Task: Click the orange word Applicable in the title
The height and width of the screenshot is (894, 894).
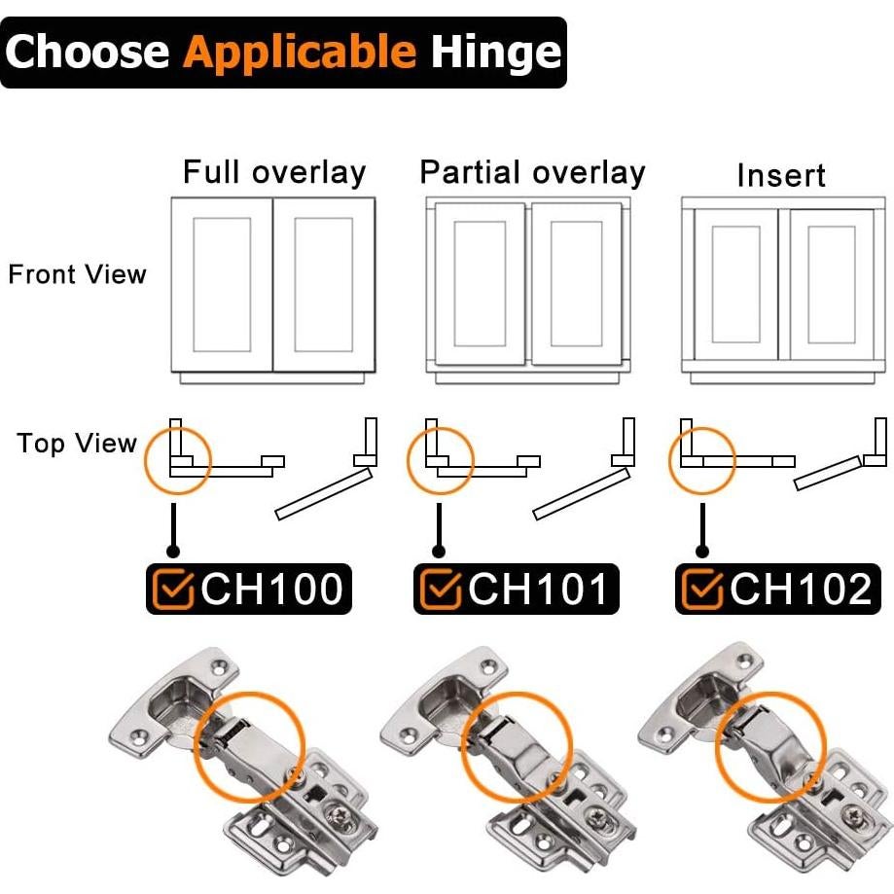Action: click(300, 53)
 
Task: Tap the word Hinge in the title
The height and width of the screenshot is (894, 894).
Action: click(496, 53)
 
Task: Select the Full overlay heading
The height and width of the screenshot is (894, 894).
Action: click(274, 173)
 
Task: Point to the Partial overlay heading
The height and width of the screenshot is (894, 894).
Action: click(532, 173)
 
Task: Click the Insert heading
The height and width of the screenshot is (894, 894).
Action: click(781, 175)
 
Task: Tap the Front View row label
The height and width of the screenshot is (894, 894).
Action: click(78, 274)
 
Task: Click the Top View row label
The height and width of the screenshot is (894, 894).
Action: click(77, 444)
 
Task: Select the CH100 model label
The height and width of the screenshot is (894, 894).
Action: click(271, 589)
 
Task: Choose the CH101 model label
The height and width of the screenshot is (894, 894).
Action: click(537, 589)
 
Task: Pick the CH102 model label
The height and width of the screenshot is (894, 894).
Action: click(801, 589)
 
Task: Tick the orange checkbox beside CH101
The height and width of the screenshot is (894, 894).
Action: click(441, 589)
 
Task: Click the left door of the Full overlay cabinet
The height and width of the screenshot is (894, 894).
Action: click(222, 284)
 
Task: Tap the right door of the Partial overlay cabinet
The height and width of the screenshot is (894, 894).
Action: click(577, 283)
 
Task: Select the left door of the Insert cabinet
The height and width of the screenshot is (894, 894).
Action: click(736, 284)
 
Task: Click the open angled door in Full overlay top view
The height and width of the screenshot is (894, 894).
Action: click(324, 493)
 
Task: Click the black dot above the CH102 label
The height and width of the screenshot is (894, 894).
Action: click(702, 552)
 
